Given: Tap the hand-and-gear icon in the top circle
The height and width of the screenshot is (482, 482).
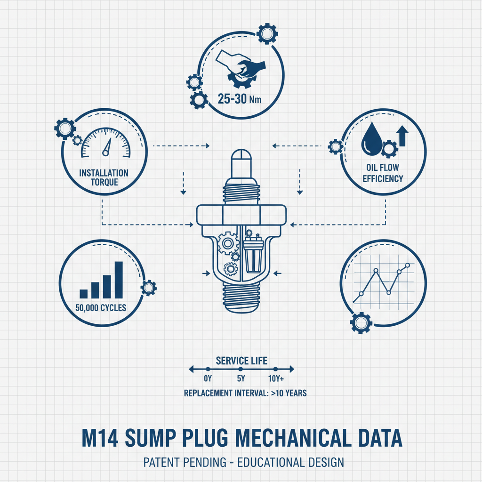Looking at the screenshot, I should click(x=240, y=68).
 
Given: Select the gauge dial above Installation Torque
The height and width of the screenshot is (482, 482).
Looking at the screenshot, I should click(x=105, y=144).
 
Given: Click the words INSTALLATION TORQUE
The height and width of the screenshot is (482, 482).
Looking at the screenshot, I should click(x=104, y=177).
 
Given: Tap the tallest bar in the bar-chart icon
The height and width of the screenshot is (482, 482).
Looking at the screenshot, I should click(x=119, y=280).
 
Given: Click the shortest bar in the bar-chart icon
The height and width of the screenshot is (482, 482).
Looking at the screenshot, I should click(x=84, y=294).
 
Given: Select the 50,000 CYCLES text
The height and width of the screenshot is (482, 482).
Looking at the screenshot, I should click(x=101, y=309).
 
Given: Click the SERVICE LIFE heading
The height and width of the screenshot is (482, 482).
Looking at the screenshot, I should click(x=241, y=361).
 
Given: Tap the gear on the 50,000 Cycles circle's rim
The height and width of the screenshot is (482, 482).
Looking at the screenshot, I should click(x=149, y=287).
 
